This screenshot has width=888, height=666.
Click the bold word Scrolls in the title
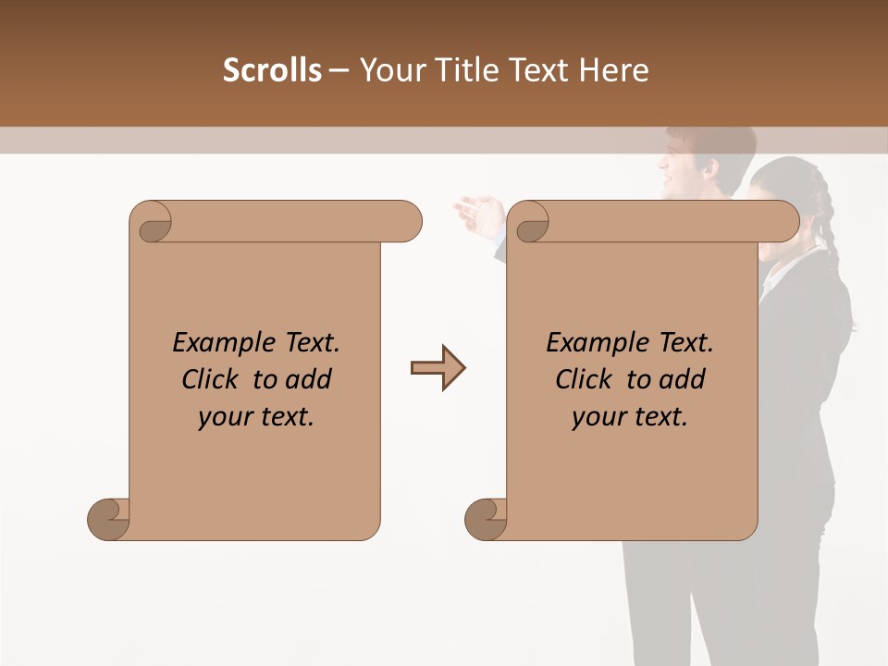tap(272, 70)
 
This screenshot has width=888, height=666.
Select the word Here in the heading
tap(614, 70)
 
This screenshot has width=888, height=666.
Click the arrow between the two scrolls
tap(438, 368)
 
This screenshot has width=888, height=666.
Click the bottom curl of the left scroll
tap(108, 519)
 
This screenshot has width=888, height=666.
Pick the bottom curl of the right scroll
tap(486, 519)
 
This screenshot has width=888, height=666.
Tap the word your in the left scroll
tap(225, 417)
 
